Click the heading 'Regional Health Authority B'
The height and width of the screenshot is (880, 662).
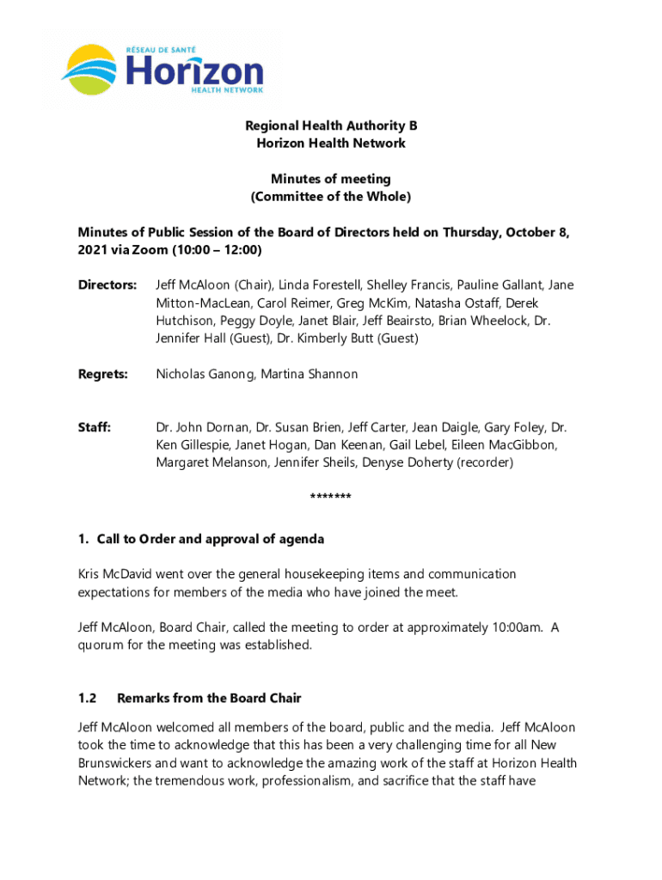331,125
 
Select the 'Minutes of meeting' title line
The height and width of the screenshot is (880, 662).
331,179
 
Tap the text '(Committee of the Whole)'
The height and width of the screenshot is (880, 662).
331,197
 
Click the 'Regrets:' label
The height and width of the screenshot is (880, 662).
103,374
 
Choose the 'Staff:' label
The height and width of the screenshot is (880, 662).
95,427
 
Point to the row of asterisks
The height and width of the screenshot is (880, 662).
330,498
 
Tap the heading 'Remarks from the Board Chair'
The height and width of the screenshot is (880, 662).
209,698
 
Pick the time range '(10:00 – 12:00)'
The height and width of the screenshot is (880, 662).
216,250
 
